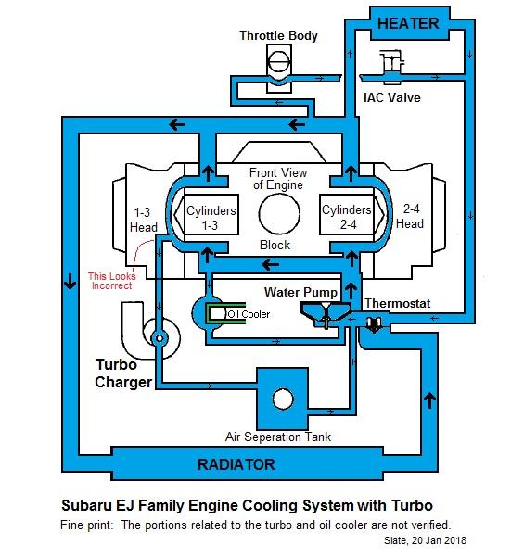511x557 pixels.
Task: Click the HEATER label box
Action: coord(409,23)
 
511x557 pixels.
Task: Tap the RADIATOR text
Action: coord(236,464)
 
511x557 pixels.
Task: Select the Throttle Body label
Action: coord(278,35)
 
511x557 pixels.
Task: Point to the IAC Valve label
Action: coord(392,97)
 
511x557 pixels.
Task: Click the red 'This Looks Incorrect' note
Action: coord(111,281)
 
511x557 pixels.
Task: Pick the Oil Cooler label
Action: coord(249,314)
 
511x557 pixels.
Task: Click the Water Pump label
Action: coord(300,292)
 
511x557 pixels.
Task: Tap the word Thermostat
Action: coord(397,303)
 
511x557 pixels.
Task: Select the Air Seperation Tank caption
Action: coord(278,437)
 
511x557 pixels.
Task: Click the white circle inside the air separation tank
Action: coord(283,399)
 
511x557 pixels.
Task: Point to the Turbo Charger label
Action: coord(123,373)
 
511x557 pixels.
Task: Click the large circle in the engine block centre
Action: coord(279,213)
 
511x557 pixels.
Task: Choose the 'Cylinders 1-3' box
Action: coord(211,215)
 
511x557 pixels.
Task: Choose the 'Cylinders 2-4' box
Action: coord(347,215)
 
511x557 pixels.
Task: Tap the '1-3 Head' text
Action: coord(143,220)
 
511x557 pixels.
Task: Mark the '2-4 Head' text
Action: coord(410,216)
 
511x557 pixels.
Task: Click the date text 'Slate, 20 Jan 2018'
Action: coord(425,540)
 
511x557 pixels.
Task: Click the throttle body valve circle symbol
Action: coord(279,64)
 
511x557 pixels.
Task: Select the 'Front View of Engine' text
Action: coord(278,179)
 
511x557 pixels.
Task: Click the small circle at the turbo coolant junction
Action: coord(160,338)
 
